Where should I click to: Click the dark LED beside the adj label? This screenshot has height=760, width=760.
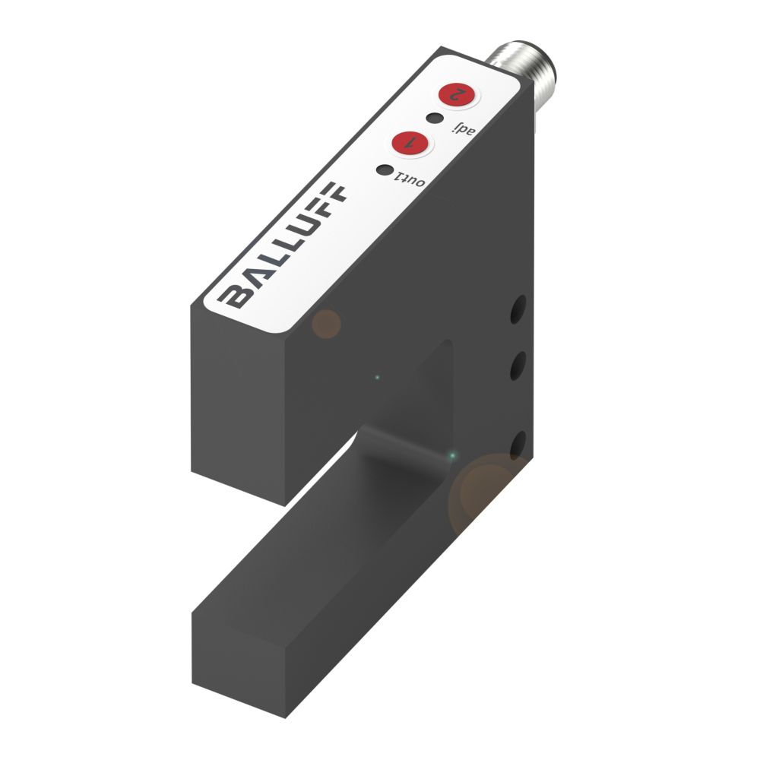pos(434,118)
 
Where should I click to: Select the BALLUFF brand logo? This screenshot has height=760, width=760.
pos(284,245)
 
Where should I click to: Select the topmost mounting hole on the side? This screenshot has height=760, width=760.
pos(519,309)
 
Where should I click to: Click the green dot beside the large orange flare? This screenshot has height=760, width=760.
pos(454,456)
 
